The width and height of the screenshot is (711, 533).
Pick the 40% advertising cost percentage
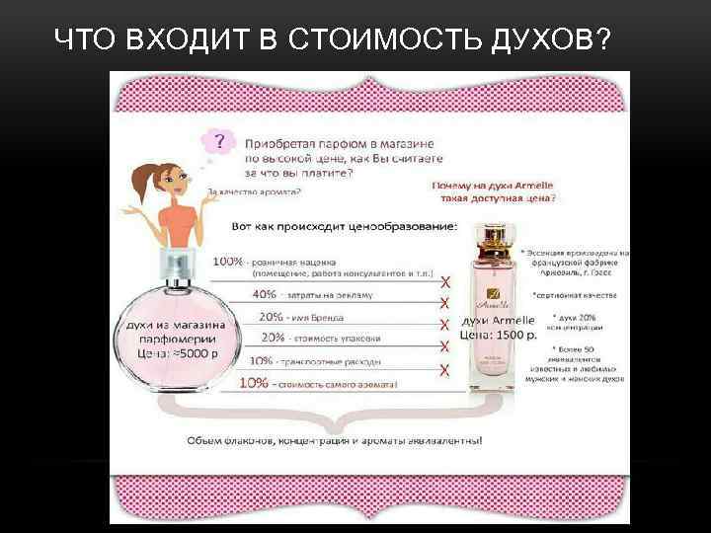tap(265, 294)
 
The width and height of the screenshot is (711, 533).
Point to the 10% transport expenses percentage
tap(263, 360)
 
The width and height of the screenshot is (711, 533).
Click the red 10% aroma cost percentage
tap(254, 382)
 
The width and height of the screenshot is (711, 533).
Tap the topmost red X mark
tap(444, 281)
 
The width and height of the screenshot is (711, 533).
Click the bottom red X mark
tap(444, 370)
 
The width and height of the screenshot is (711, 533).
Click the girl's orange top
tap(179, 222)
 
